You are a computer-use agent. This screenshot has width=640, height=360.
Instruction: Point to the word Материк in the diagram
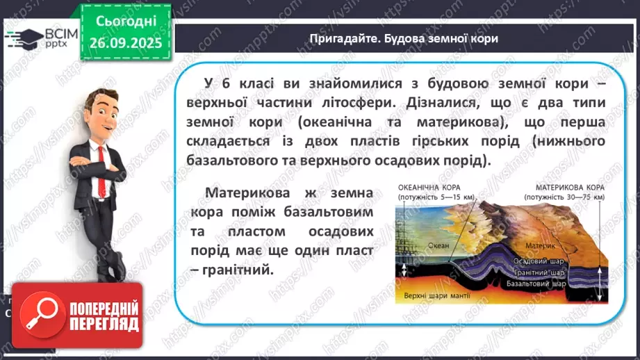(x=541, y=245)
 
